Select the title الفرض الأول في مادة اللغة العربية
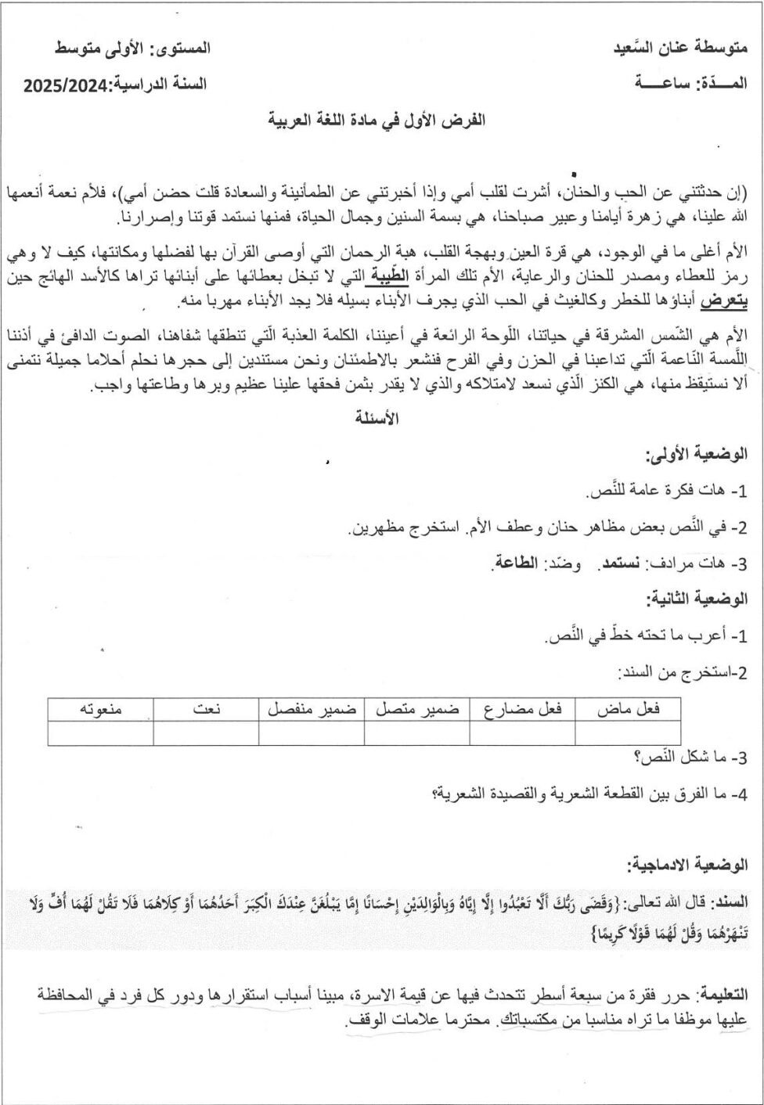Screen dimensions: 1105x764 pyautogui.click(x=377, y=120)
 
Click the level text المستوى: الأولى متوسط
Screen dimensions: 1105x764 pyautogui.click(x=132, y=48)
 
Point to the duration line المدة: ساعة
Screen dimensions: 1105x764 pyautogui.click(x=690, y=83)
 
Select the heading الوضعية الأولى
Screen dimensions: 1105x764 pyautogui.click(x=696, y=454)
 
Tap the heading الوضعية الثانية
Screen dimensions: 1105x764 pyautogui.click(x=696, y=599)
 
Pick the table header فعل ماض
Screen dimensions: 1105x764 pyautogui.click(x=628, y=709)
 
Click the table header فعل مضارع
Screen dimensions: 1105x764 pyautogui.click(x=522, y=709)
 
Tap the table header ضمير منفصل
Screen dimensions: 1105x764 pyautogui.click(x=311, y=709)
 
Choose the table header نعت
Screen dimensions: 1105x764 pyautogui.click(x=206, y=709)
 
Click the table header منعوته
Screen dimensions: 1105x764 pyautogui.click(x=101, y=709)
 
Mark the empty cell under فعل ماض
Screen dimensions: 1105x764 pyautogui.click(x=628, y=733)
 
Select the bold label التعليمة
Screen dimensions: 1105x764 pyautogui.click(x=721, y=995)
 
